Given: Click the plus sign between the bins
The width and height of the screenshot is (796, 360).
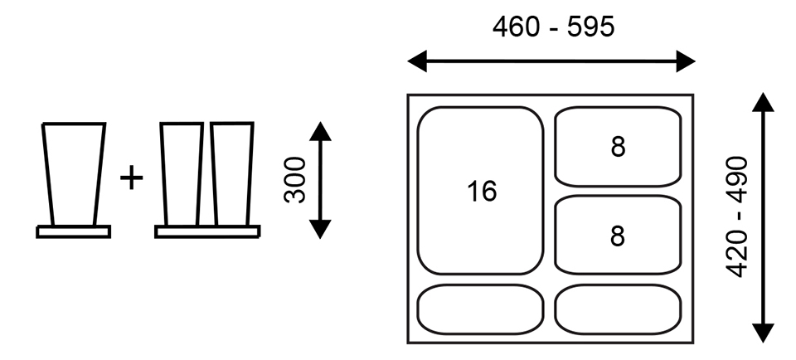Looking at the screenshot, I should tap(131, 177).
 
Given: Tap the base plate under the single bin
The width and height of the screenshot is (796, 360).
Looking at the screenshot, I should tap(74, 231).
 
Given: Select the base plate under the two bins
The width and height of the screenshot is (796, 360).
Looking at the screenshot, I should tap(207, 231).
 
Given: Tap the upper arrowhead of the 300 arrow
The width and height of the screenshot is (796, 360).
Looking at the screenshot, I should tap(320, 130).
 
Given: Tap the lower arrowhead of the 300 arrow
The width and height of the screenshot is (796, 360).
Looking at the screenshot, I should tap(320, 229).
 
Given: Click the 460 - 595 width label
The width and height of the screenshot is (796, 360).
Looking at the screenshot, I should tap(553, 27).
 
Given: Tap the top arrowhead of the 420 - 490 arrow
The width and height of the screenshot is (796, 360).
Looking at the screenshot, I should tap(762, 104).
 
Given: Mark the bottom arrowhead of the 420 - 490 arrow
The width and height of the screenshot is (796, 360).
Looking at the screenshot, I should tap(762, 333).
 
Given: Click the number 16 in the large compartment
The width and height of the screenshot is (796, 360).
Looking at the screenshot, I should tap(481, 192).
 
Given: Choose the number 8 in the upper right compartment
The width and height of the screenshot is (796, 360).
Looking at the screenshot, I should tap(618, 147).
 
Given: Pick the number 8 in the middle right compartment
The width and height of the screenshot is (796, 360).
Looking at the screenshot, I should tap(618, 236).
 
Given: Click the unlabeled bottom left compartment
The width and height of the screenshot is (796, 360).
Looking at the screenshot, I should tap(481, 309).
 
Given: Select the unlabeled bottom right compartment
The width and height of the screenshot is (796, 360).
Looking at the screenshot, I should tap(618, 309).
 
